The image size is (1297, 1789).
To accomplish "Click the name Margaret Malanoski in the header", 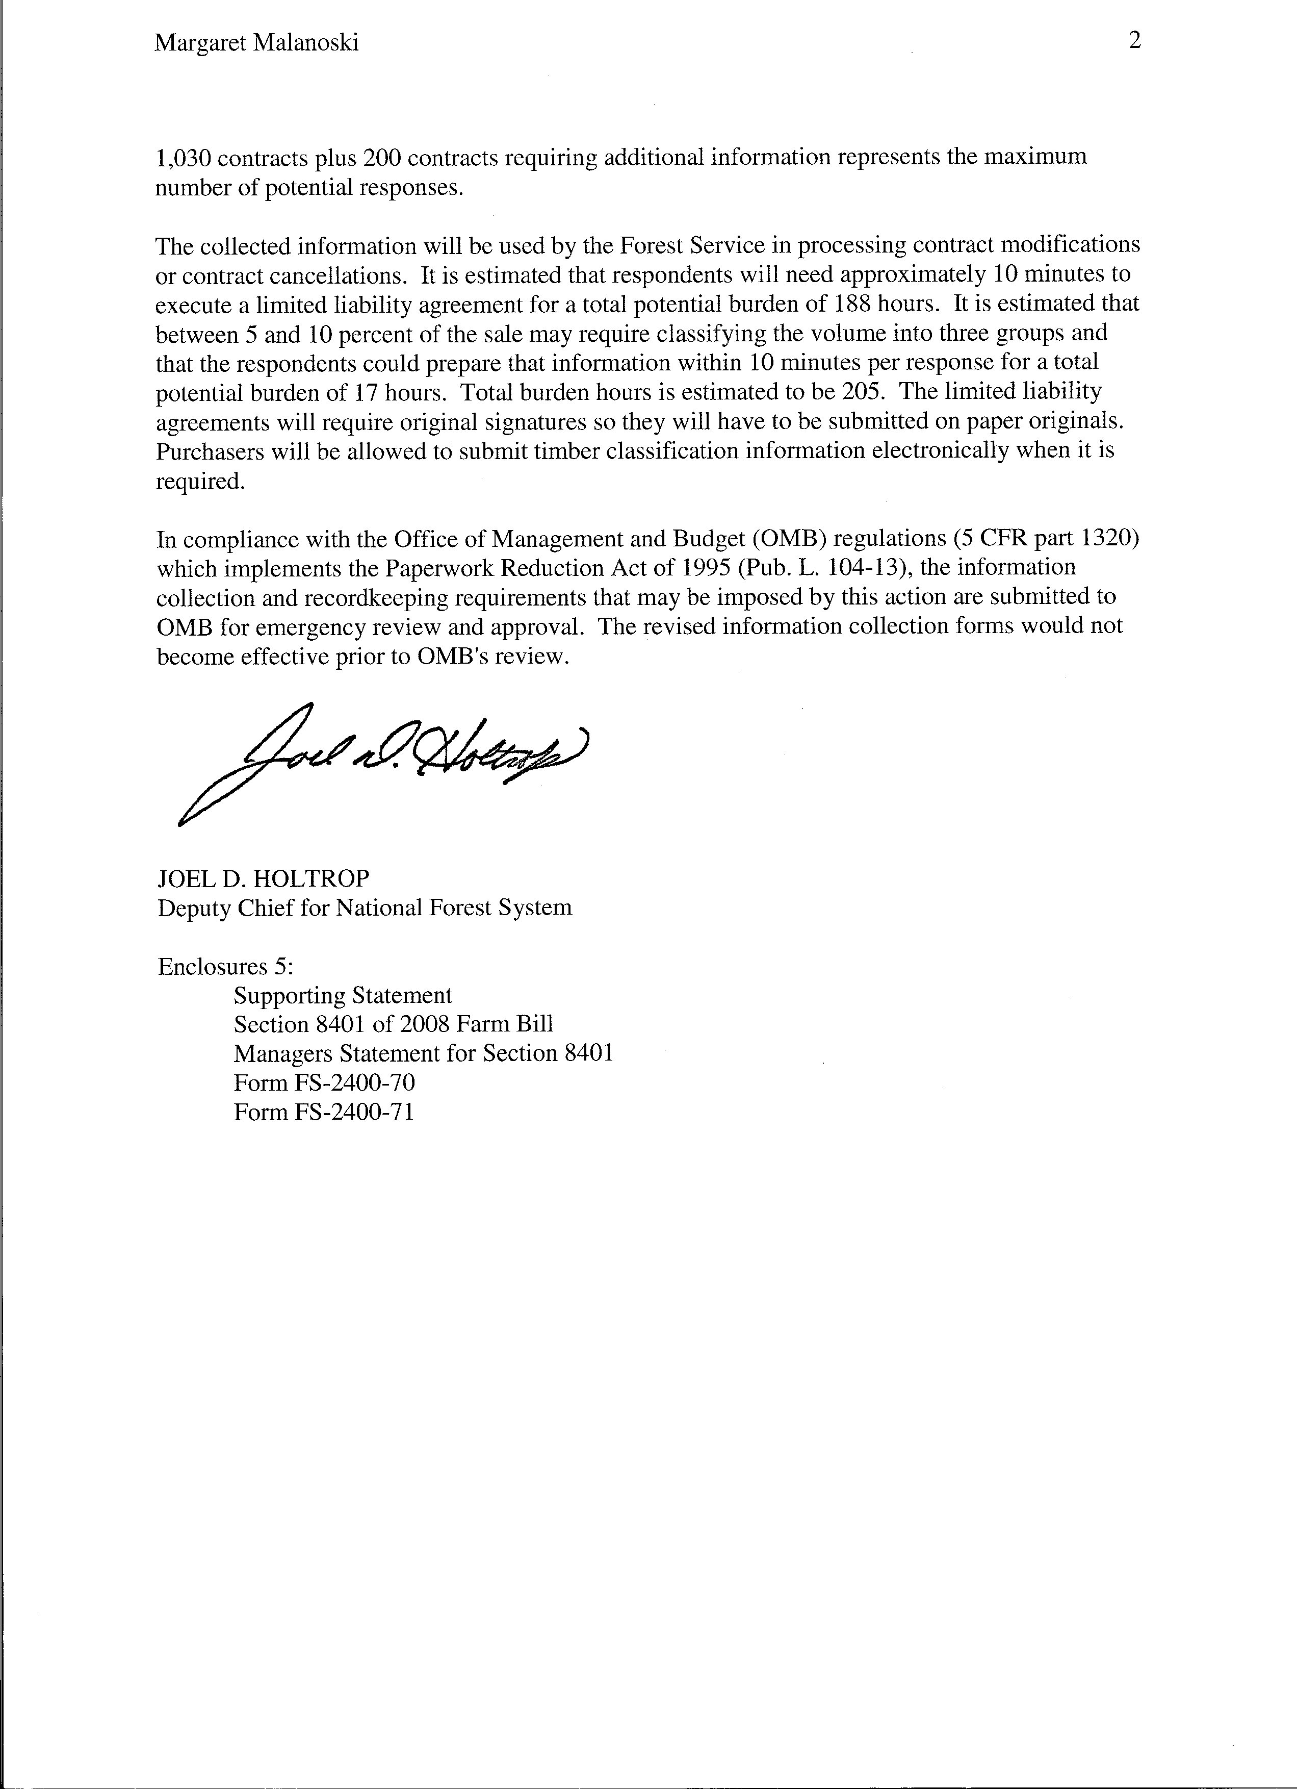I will click(256, 43).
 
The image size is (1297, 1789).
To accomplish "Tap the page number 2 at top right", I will click(1134, 40).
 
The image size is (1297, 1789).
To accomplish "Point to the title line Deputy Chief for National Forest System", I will click(364, 908).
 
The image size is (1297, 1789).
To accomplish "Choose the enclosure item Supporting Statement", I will click(343, 995).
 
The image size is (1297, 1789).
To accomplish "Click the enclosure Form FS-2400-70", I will click(324, 1083).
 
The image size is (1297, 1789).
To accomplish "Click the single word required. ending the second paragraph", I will click(201, 481).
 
